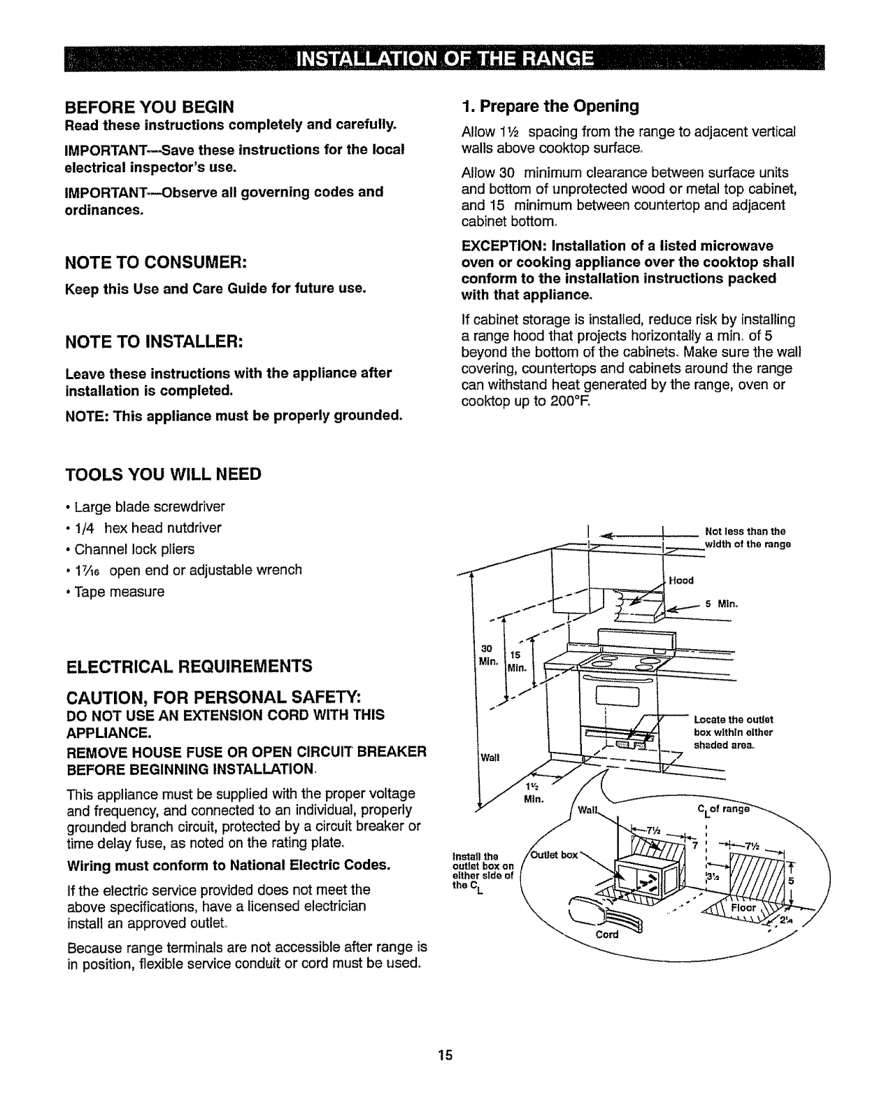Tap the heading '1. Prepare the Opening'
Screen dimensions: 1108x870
point(550,106)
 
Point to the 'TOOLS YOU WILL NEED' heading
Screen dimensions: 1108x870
point(163,474)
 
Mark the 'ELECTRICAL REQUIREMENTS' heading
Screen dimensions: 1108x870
point(188,665)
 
